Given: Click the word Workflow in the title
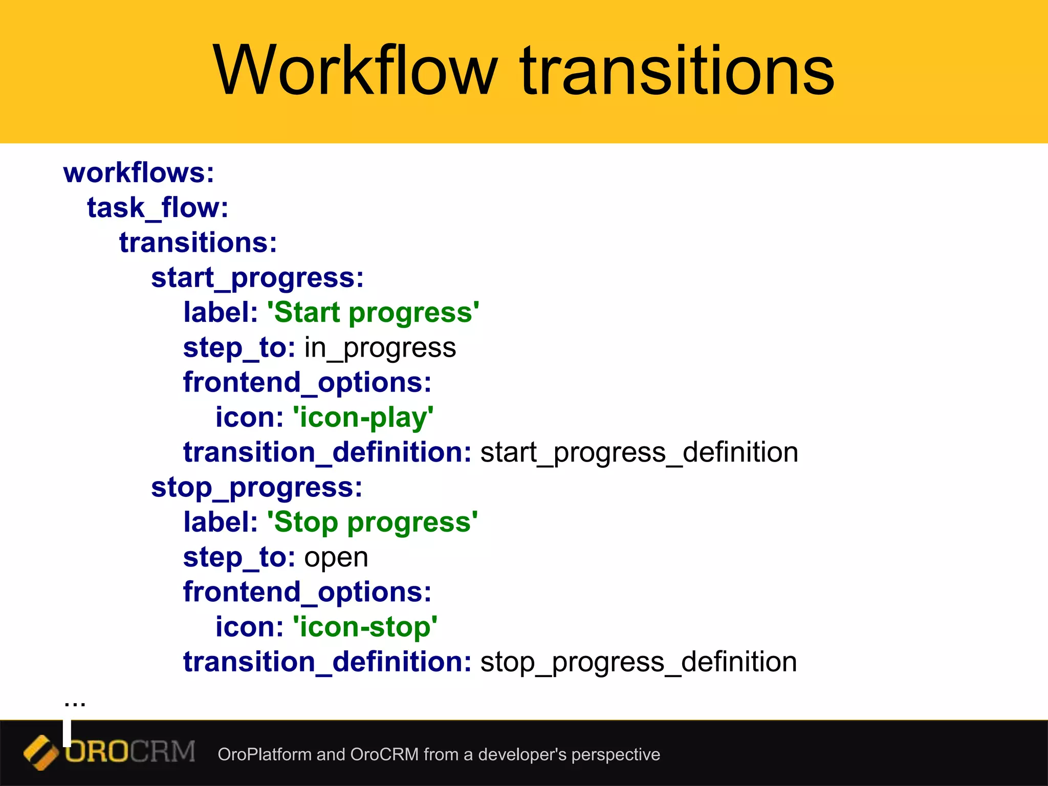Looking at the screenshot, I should pyautogui.click(x=355, y=71).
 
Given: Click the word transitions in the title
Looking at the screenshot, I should pyautogui.click(x=676, y=71).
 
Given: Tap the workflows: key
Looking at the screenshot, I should pyautogui.click(x=139, y=172).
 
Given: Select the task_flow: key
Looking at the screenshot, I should pyautogui.click(x=158, y=208).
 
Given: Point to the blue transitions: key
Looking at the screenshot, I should pyautogui.click(x=198, y=243).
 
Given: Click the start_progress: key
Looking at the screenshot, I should pyautogui.click(x=257, y=278).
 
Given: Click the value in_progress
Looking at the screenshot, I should pyautogui.click(x=380, y=348).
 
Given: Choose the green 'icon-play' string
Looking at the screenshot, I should pyautogui.click(x=363, y=418).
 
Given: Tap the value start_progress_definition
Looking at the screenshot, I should pyautogui.click(x=639, y=453).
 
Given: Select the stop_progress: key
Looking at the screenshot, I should pyautogui.click(x=256, y=488).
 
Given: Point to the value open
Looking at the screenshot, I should pyautogui.click(x=336, y=557).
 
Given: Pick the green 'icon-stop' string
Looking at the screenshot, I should pyautogui.click(x=364, y=627).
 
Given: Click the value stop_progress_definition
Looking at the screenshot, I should pyautogui.click(x=638, y=662).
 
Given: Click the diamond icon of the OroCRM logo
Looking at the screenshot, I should pyautogui.click(x=40, y=752).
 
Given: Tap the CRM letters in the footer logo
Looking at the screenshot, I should pyautogui.click(x=162, y=752).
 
